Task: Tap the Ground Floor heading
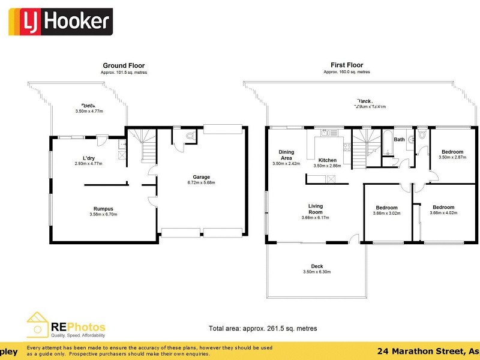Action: pyautogui.click(x=124, y=66)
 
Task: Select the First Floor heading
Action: pyautogui.click(x=347, y=65)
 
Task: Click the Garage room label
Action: pyautogui.click(x=201, y=178)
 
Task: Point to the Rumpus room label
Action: pyautogui.click(x=101, y=209)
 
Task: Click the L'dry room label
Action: pyautogui.click(x=89, y=158)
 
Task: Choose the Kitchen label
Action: pyautogui.click(x=327, y=160)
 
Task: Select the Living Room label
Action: pyautogui.click(x=315, y=208)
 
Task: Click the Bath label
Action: pyautogui.click(x=399, y=140)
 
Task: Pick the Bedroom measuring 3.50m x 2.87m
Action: pyautogui.click(x=452, y=152)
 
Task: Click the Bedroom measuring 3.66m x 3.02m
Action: pyautogui.click(x=386, y=208)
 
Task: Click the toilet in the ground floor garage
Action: pyautogui.click(x=190, y=136)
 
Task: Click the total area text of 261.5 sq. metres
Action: pyautogui.click(x=263, y=328)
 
